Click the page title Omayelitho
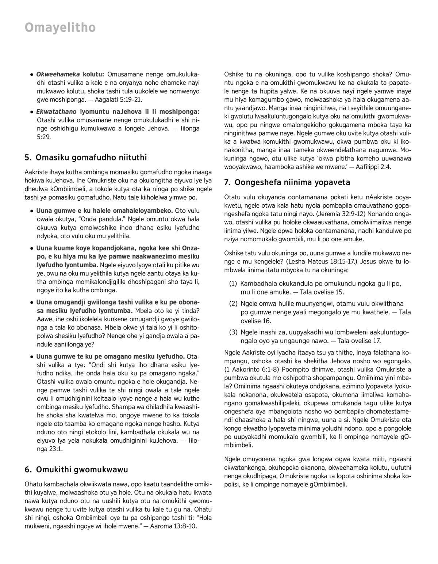60,27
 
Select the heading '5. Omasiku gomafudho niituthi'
86,158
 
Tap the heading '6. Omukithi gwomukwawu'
76,469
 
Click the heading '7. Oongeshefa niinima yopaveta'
287,182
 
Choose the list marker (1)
233,284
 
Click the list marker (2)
233,304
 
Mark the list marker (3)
233,332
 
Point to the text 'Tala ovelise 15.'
322,292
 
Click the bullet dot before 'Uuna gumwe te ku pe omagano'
32,356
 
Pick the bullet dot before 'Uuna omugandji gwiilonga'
32,303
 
